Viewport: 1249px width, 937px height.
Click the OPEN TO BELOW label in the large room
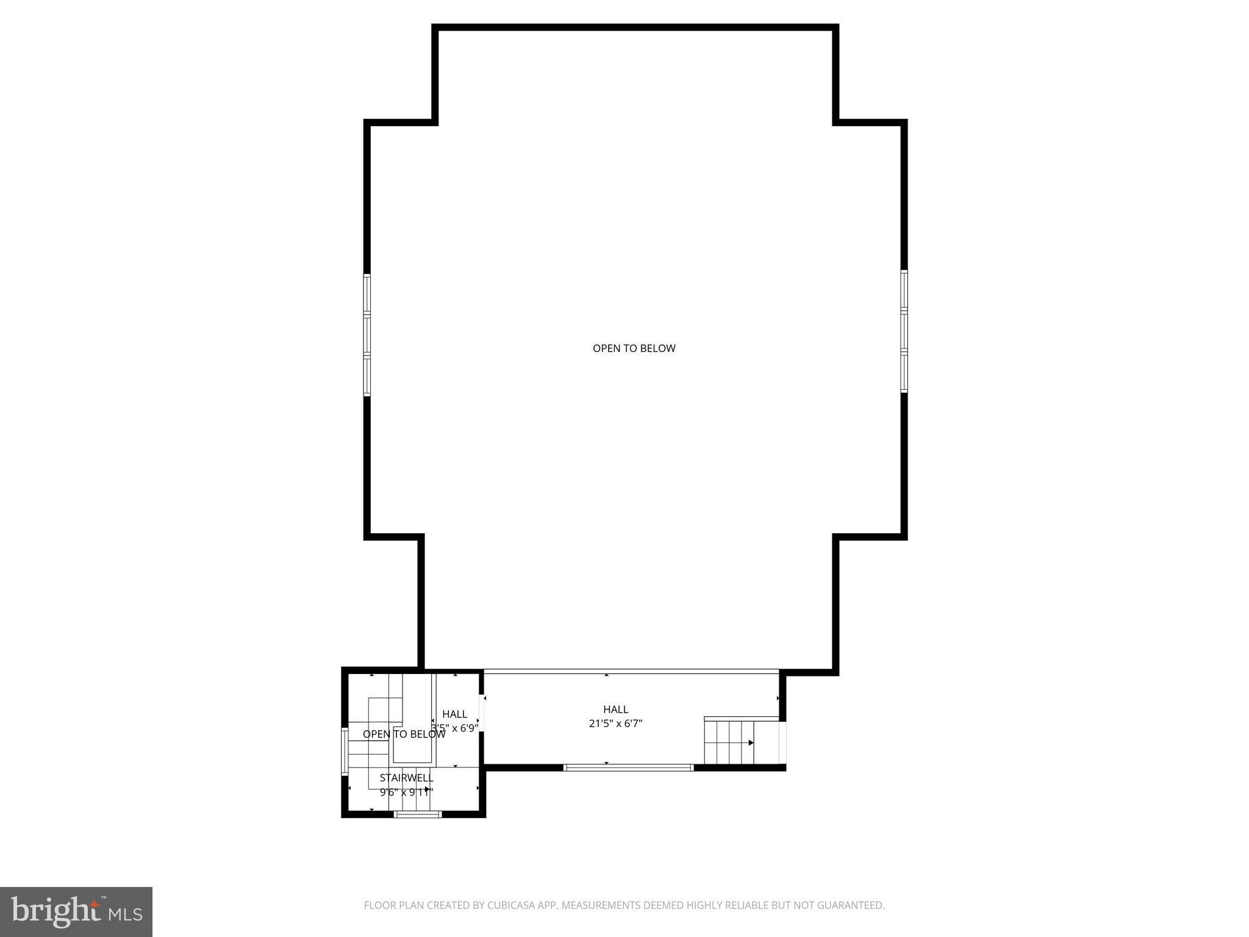[634, 348]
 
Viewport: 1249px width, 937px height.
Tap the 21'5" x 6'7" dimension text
[615, 724]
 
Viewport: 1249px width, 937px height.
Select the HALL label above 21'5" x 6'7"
[615, 709]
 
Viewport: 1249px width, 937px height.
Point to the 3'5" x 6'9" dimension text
[454, 728]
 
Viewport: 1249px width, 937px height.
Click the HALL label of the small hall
[454, 714]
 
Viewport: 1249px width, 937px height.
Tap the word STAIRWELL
[406, 778]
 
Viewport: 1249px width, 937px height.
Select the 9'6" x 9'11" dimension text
[406, 792]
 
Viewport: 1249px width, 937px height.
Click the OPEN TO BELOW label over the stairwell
[404, 734]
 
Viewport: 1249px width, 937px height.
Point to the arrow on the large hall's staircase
[751, 742]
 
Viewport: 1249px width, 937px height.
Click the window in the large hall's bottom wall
[628, 767]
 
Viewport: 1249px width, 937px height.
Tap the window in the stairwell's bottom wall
[418, 814]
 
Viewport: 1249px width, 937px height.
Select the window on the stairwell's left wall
[345, 751]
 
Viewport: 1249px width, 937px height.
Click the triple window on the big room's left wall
[367, 335]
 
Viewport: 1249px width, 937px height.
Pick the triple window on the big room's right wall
[904, 331]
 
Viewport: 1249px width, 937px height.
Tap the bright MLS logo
[76, 912]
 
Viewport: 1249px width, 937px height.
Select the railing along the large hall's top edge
[631, 672]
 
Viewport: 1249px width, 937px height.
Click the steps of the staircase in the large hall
[729, 742]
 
